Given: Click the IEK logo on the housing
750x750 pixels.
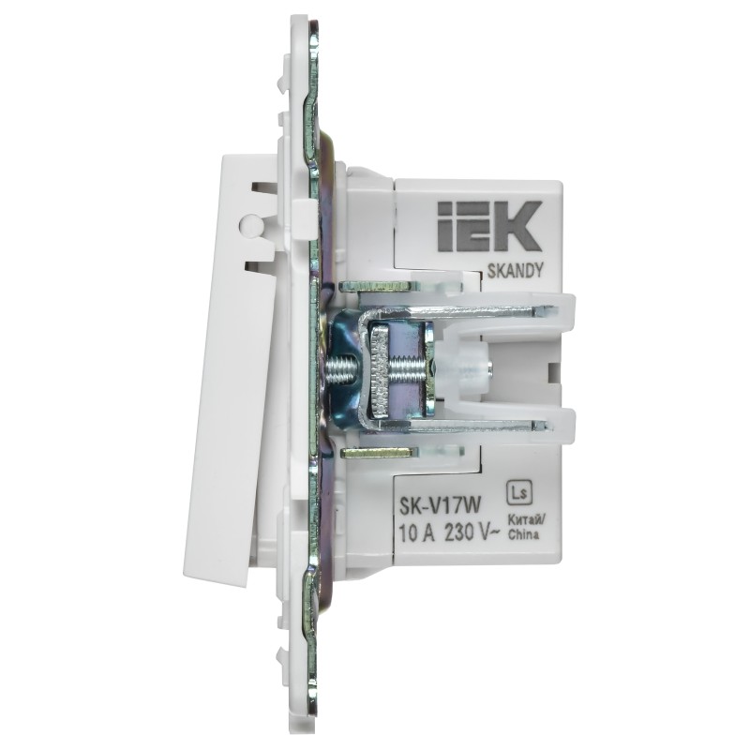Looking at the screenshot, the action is pyautogui.click(x=489, y=226).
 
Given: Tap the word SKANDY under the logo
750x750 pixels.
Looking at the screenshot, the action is pyautogui.click(x=515, y=271).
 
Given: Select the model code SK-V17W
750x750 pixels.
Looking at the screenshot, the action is pyautogui.click(x=440, y=506).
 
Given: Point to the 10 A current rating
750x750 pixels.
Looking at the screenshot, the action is pyautogui.click(x=416, y=533).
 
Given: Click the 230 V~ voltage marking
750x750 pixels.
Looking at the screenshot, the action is pyautogui.click(x=472, y=532).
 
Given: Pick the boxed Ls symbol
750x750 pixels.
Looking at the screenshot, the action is pyautogui.click(x=519, y=493).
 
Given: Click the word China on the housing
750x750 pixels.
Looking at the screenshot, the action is pyautogui.click(x=523, y=534).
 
